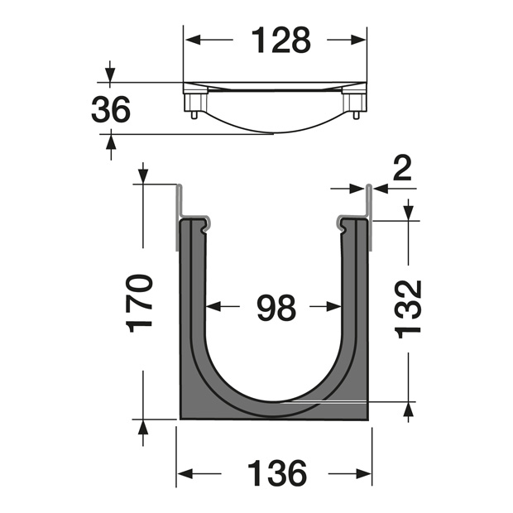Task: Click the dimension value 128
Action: point(280,40)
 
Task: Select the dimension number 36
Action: point(111,109)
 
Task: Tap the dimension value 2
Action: point(402,168)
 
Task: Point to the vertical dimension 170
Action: point(139,304)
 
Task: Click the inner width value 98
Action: point(276,308)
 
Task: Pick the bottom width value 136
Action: point(277,473)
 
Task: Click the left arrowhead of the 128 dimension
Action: point(192,40)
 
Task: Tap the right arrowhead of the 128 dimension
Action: point(358,40)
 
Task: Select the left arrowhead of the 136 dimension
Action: point(185,473)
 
